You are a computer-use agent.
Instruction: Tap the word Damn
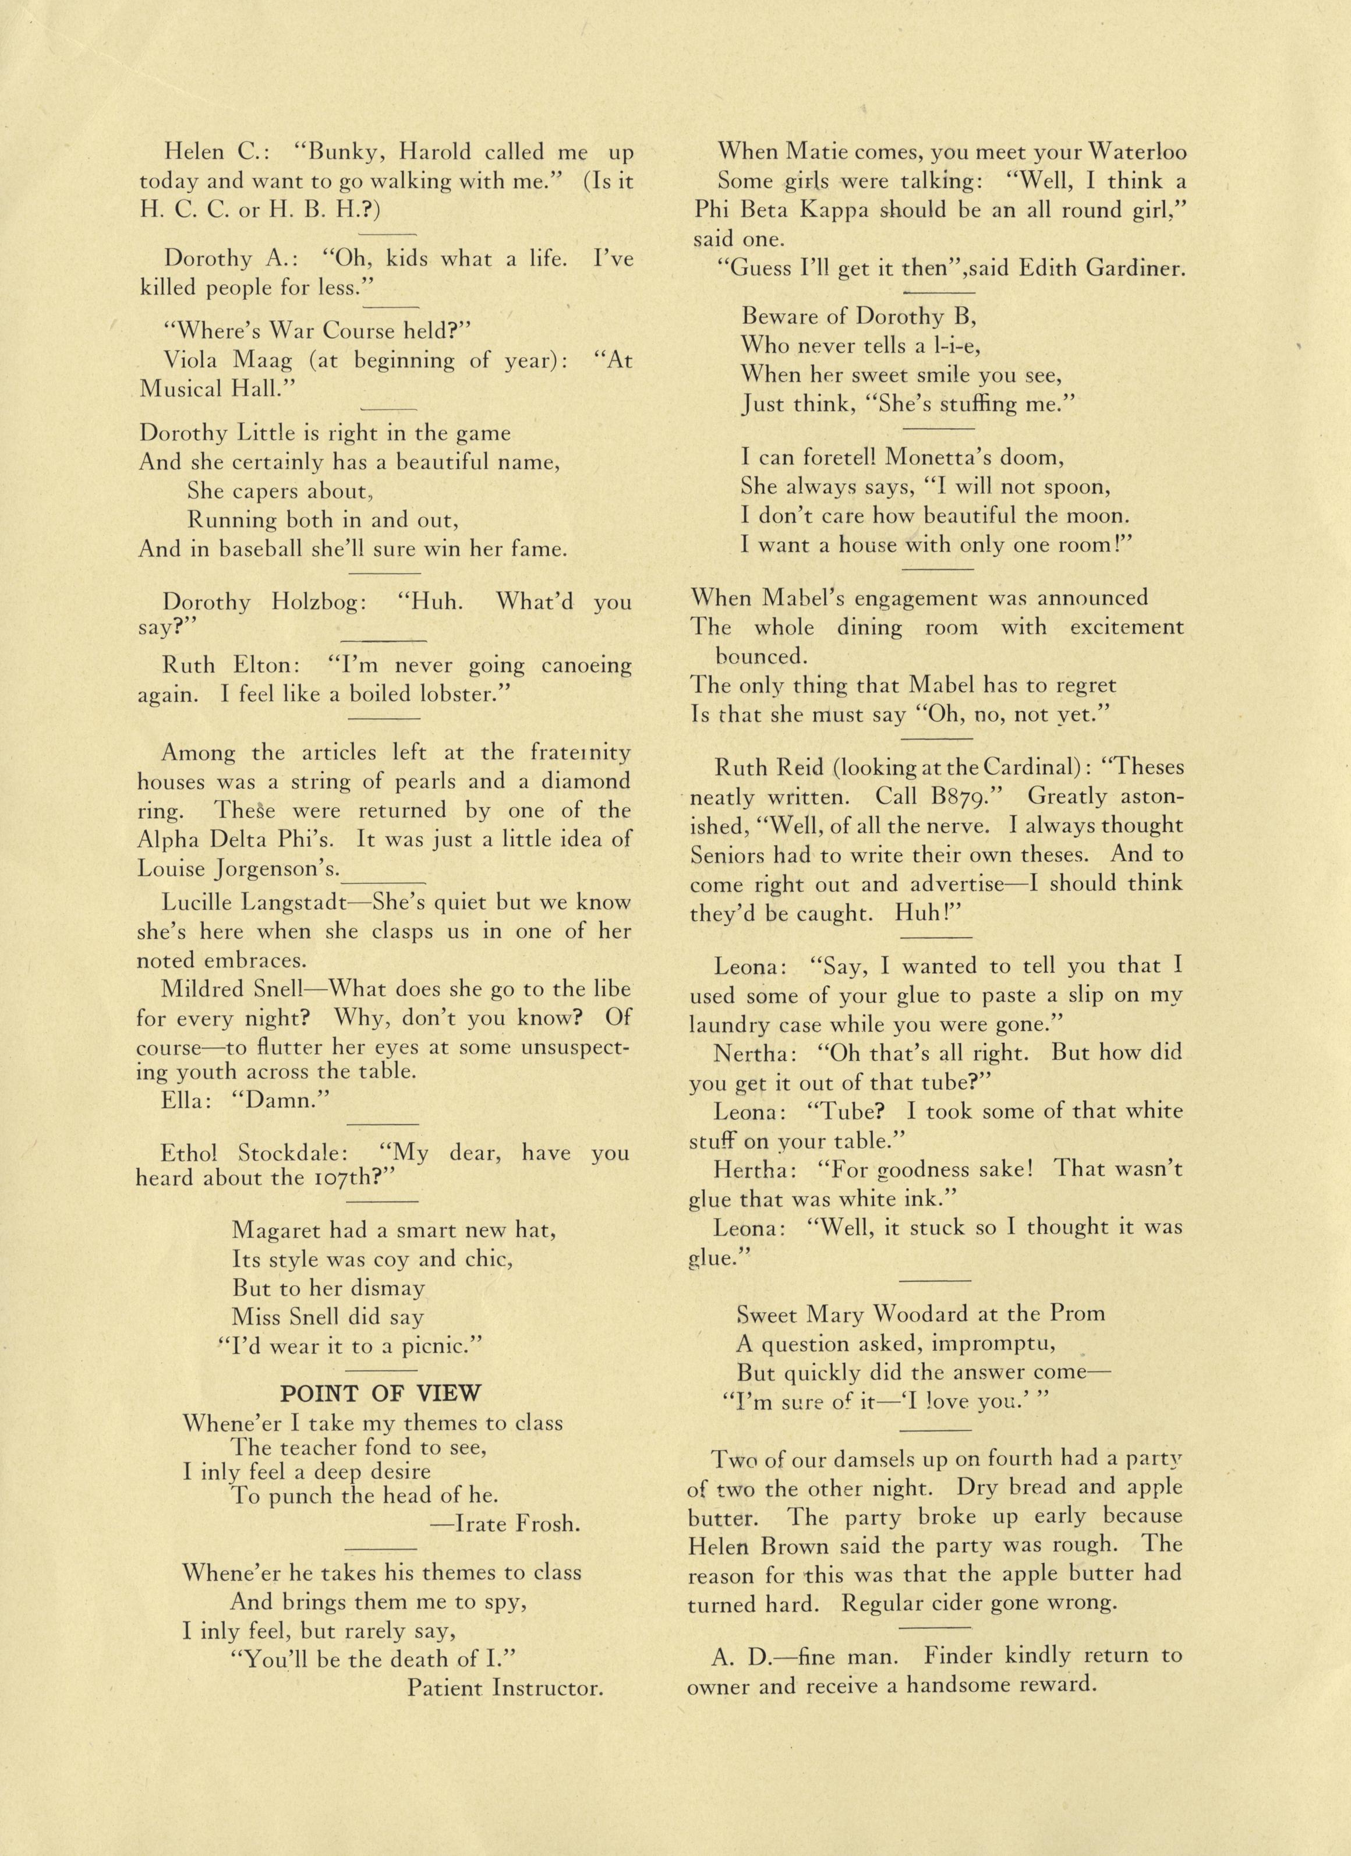point(281,1100)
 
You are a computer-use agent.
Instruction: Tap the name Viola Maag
point(216,360)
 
